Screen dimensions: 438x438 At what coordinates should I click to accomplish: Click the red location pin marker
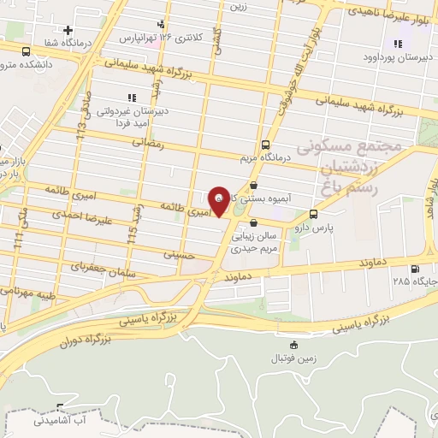219,200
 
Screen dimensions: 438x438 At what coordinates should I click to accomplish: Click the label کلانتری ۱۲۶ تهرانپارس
138,38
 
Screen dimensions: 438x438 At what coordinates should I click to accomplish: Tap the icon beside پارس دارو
314,214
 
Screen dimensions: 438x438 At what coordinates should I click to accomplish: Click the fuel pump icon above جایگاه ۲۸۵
416,268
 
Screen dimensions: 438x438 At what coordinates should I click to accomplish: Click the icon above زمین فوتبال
294,345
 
